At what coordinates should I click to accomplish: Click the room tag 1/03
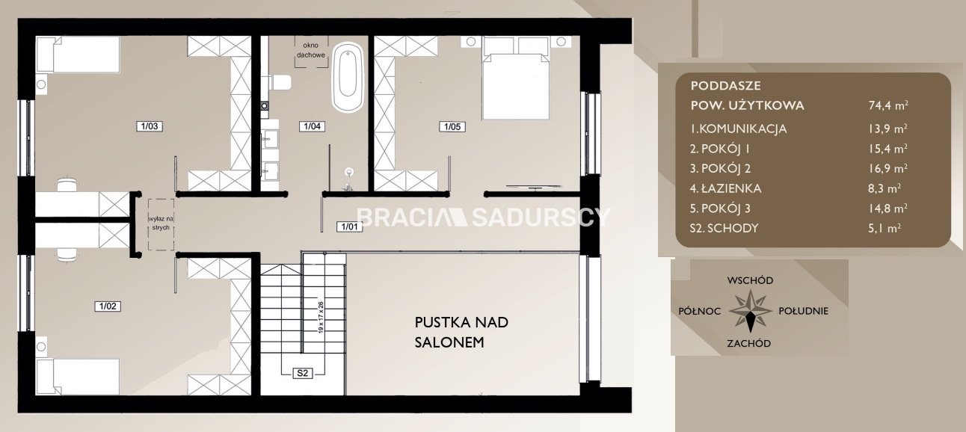click(150, 126)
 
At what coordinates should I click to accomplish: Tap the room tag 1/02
click(108, 306)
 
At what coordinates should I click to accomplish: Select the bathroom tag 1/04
click(313, 126)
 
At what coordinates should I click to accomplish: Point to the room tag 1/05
click(452, 127)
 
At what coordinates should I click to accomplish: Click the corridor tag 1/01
click(349, 226)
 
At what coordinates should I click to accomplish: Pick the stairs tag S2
click(302, 373)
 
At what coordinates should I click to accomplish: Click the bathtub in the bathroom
click(347, 78)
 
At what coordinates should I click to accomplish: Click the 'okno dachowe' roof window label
click(310, 50)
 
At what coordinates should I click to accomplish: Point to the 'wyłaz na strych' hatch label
click(161, 223)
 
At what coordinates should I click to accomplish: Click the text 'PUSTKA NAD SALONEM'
click(461, 332)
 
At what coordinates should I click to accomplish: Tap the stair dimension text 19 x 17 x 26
click(321, 318)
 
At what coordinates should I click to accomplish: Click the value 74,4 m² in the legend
click(888, 105)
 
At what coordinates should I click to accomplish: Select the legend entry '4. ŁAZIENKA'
click(725, 188)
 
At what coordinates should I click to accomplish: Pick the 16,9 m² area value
click(888, 168)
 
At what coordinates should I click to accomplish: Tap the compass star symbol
click(751, 311)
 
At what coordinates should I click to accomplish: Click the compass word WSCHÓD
click(750, 280)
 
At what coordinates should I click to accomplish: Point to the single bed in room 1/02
click(78, 377)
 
